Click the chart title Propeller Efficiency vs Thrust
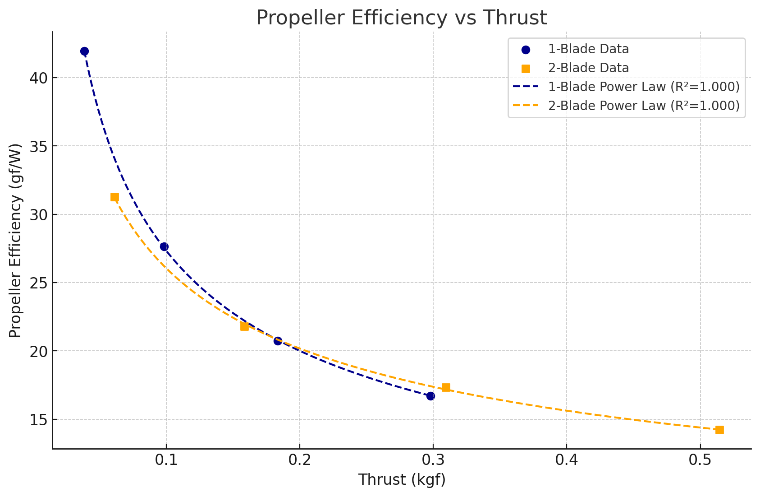[401, 18]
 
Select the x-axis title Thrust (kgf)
[402, 480]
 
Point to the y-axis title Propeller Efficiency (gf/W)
[15, 240]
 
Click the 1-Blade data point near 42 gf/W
[84, 51]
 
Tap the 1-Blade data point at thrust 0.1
[164, 246]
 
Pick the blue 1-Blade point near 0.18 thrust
[278, 341]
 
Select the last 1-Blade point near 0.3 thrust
[430, 396]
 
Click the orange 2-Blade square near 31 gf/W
[114, 197]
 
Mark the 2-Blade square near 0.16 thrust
[244, 326]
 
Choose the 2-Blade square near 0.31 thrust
[446, 387]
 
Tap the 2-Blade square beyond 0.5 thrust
[719, 430]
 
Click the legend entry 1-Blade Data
[588, 49]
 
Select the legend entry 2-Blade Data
[588, 68]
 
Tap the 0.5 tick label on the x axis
[700, 462]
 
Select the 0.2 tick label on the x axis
[299, 462]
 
